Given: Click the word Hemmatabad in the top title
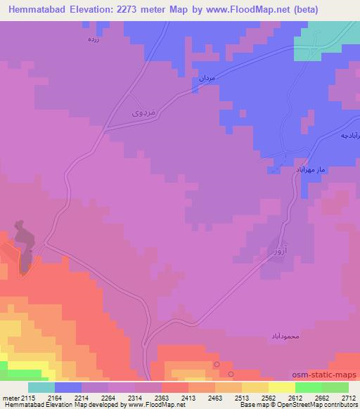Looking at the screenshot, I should tap(35, 10).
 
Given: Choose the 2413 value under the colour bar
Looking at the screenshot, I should tap(189, 398).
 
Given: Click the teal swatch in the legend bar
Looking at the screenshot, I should tap(41, 387).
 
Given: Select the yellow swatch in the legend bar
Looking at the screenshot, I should tap(281, 387).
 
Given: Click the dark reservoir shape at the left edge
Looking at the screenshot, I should tap(23, 246).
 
